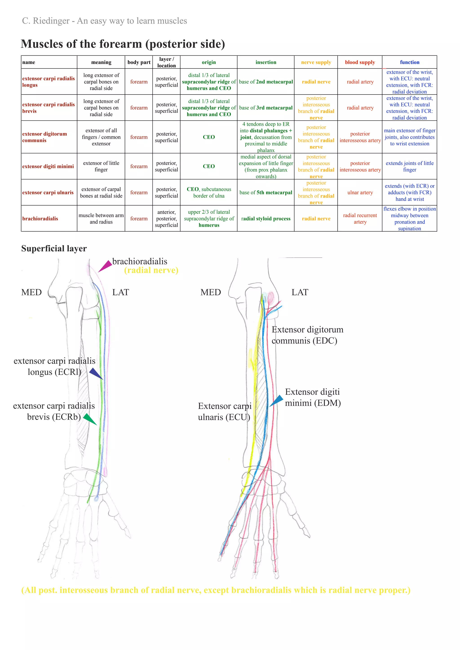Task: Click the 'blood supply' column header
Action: [x=360, y=62]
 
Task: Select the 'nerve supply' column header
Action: [x=316, y=62]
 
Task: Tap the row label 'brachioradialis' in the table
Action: [x=40, y=219]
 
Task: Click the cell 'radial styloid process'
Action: [x=266, y=219]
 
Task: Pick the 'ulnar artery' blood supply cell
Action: [x=360, y=193]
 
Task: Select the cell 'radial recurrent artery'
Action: [x=360, y=219]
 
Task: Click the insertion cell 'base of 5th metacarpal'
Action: [x=266, y=193]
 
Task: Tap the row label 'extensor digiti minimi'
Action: [x=48, y=167]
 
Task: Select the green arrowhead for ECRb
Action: [x=90, y=419]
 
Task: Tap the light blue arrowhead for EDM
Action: [x=277, y=400]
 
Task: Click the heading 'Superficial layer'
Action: [x=54, y=248]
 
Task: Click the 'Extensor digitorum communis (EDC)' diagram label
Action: [x=307, y=335]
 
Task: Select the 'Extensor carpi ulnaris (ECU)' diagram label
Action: [x=224, y=411]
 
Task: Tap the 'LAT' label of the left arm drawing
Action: [x=120, y=292]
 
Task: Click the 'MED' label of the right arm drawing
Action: [x=210, y=292]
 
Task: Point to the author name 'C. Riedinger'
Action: [x=46, y=21]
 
